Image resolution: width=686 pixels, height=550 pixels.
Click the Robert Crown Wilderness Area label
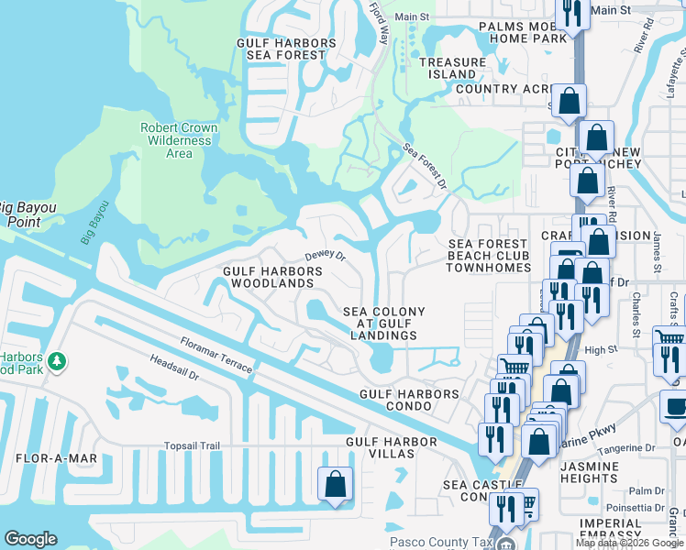click(179, 140)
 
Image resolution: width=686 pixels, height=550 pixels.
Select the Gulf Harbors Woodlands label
click(272, 278)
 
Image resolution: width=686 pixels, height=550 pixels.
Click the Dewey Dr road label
click(325, 256)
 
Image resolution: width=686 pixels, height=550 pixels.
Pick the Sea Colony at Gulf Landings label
click(384, 324)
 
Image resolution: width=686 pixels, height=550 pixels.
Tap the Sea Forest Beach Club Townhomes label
click(489, 256)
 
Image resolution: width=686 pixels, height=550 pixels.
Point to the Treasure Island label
click(452, 68)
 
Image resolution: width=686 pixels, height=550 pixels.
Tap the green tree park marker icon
click(57, 361)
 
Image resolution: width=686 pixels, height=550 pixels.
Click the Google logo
click(30, 539)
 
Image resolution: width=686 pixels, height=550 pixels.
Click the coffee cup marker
click(675, 406)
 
